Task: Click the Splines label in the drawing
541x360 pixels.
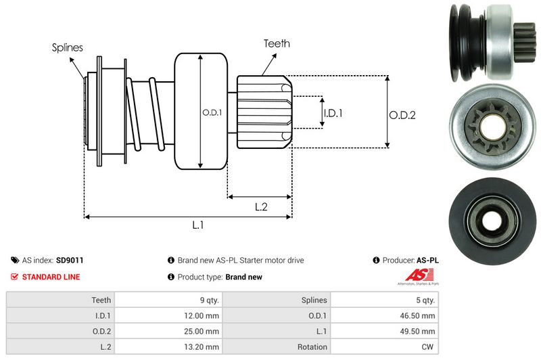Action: [x=68, y=48]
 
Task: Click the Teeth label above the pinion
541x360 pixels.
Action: [x=277, y=43]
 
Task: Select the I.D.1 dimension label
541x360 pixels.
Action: [x=332, y=113]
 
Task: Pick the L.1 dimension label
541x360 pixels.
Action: [x=198, y=225]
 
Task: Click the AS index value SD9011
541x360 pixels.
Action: [x=70, y=260]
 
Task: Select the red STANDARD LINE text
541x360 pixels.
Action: [x=51, y=277]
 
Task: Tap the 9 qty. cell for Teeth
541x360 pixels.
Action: [x=207, y=300]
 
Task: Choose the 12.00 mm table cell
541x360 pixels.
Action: [x=203, y=315]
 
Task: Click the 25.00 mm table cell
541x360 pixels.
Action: [x=203, y=331]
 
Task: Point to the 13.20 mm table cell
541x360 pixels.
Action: [x=203, y=346]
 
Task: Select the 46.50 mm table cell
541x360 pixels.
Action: [x=419, y=315]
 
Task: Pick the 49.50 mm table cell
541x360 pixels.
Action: [x=419, y=331]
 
